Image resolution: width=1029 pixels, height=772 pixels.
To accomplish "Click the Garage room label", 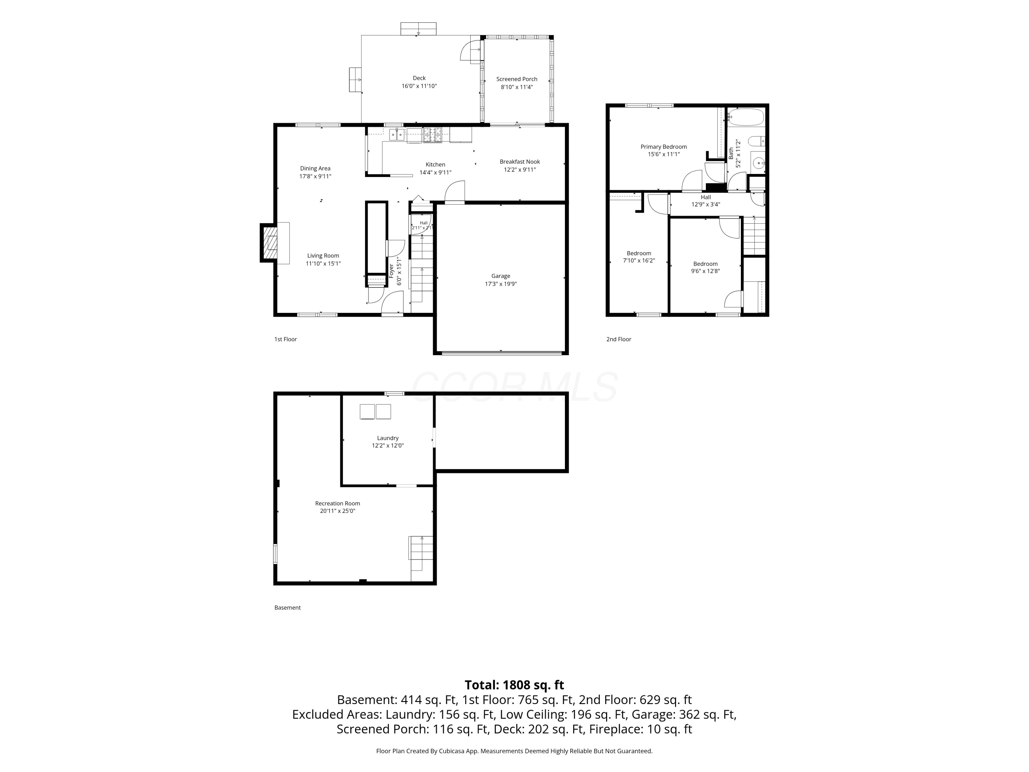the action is point(500,276).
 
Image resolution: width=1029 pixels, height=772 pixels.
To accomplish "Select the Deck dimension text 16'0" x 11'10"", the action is point(419,86).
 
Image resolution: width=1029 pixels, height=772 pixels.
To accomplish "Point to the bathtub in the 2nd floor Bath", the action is point(746,117).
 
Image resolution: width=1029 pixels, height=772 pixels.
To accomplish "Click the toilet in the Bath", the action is point(756,141).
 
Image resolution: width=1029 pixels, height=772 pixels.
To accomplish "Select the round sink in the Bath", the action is point(759,163).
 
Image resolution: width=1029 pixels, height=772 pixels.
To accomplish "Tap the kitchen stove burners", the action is point(432,135).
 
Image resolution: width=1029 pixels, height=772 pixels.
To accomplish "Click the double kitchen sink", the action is point(397,135).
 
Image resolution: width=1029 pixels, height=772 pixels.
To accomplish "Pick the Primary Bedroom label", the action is point(663,147).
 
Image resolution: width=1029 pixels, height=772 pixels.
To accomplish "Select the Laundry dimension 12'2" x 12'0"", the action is point(388,445).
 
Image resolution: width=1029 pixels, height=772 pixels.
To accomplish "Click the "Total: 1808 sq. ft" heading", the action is point(514,685).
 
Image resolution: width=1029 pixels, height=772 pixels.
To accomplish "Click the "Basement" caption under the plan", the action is point(287,608).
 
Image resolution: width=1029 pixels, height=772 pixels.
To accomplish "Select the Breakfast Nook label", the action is point(520,162).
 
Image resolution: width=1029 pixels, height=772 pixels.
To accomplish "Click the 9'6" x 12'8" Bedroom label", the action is point(705,267).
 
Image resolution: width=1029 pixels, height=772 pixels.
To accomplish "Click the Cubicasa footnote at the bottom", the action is point(514,751).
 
